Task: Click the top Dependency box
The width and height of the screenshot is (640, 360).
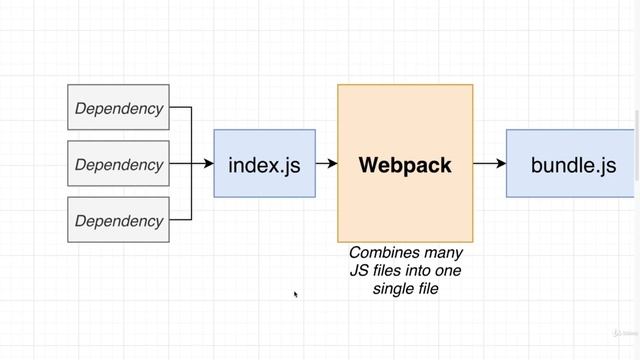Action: coord(118,108)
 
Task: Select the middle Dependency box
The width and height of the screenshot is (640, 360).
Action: coord(118,164)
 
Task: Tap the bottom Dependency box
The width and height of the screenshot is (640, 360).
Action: coord(118,220)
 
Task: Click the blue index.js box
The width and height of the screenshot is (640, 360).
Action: coord(265,164)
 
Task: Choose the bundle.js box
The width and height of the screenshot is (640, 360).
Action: coord(572,164)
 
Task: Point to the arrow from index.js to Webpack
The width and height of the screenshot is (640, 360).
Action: coord(326,164)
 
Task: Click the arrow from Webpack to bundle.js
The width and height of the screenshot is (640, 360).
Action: coord(489,164)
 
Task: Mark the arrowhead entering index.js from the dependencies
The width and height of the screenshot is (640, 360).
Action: coord(209,164)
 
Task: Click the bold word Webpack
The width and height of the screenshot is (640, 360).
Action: coord(405,164)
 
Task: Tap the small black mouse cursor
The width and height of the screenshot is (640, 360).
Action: coord(296,294)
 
